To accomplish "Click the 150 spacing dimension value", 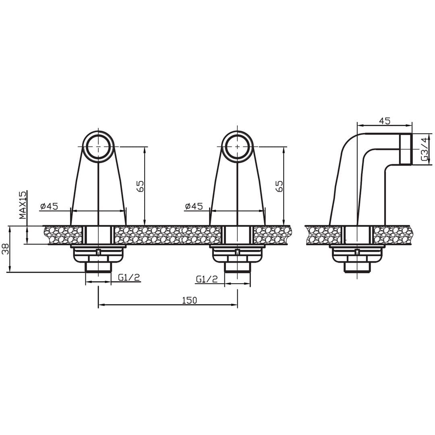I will coord(189,300).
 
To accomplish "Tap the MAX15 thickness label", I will coord(23,205).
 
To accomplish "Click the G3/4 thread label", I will coord(424,149).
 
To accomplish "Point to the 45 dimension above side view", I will coord(385,121).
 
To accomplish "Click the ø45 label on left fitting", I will coord(49,207).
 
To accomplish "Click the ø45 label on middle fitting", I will coord(194,207).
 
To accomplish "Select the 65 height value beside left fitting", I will coord(140,186).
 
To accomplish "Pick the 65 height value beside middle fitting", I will coord(279,186).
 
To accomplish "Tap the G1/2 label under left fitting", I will coord(129,277).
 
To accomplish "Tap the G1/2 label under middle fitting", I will coord(207,279).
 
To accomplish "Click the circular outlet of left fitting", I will coord(98,146).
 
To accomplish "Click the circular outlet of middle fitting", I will coord(237,146).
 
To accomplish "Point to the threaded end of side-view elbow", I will coord(406,149).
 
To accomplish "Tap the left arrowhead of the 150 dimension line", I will coord(101,305).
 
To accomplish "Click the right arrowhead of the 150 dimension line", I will coord(235,305).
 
